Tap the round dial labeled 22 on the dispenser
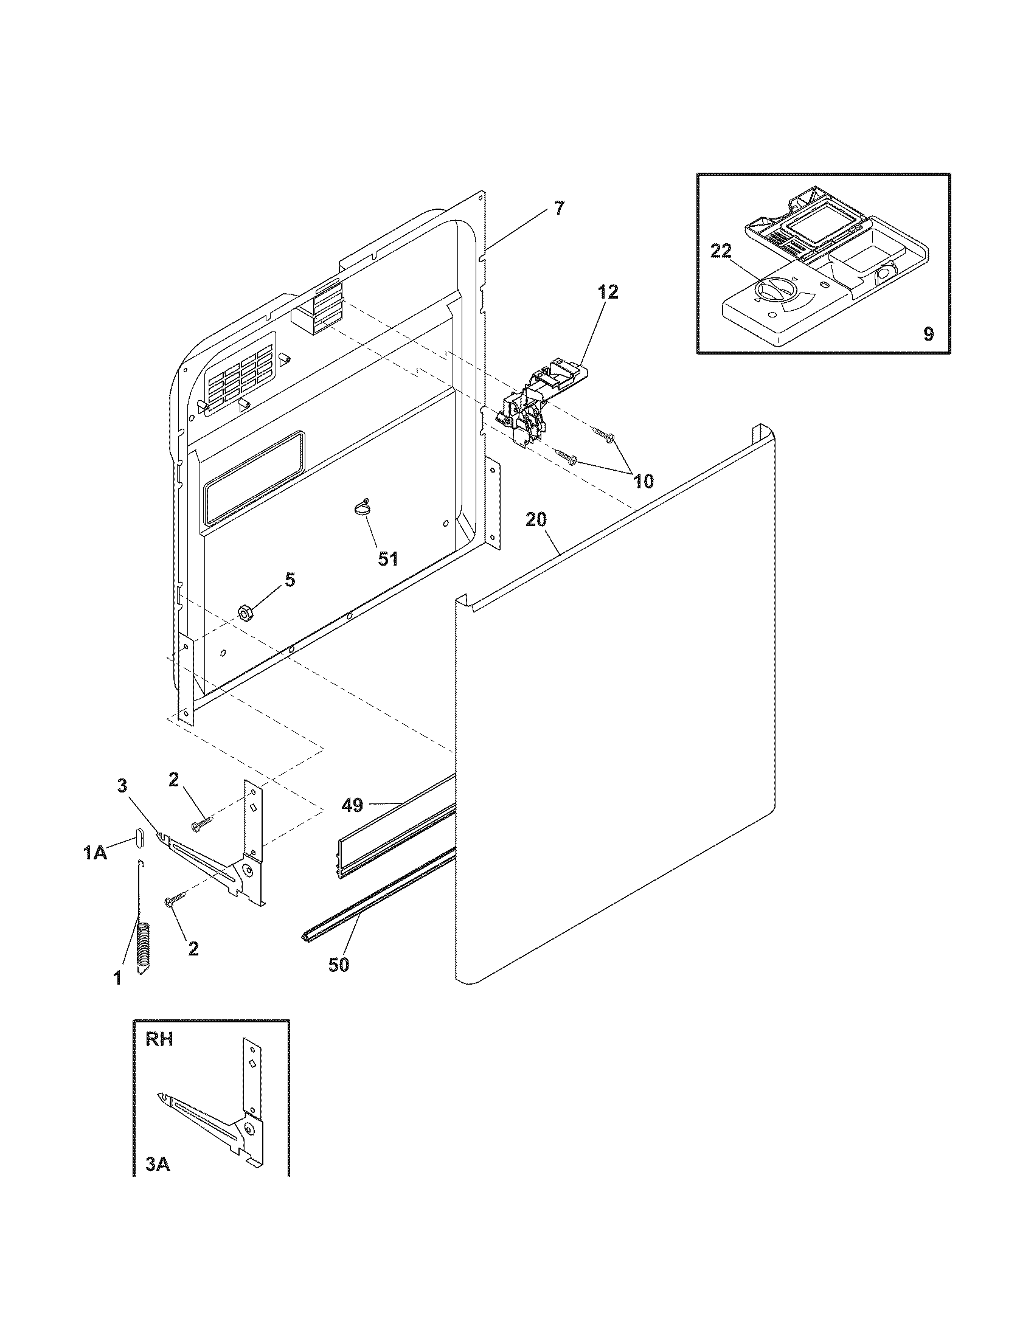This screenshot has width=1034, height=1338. pyautogui.click(x=773, y=289)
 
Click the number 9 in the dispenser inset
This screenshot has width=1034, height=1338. pyautogui.click(x=928, y=334)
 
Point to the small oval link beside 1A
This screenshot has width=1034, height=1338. pyautogui.click(x=139, y=837)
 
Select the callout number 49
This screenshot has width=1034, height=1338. pyautogui.click(x=352, y=805)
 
